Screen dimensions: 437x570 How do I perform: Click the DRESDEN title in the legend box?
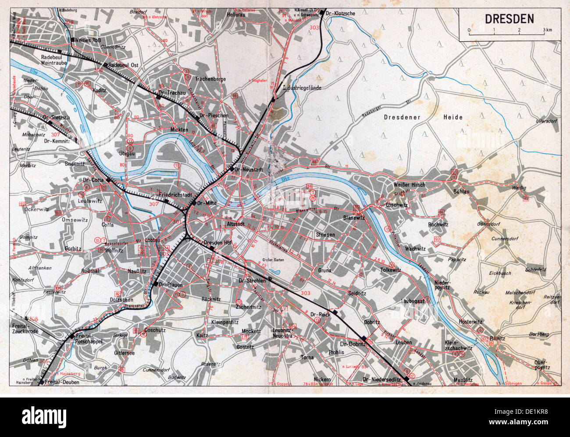[509, 19]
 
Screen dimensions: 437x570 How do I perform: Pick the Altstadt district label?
[235, 224]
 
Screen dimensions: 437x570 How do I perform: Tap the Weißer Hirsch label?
[409, 185]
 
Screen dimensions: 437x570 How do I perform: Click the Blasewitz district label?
[354, 218]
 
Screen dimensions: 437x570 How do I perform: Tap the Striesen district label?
[325, 235]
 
